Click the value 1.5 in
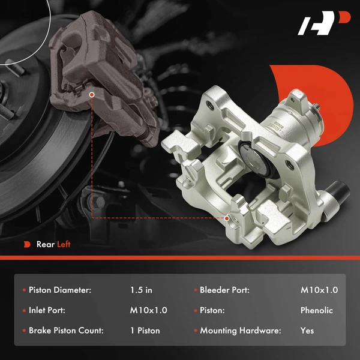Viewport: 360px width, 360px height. [141, 290]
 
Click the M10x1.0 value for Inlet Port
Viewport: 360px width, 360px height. [148, 310]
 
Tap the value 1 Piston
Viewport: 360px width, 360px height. [145, 331]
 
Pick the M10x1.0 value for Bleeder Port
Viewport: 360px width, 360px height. [319, 290]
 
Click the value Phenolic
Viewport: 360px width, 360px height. [317, 310]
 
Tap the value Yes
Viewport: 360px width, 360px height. [307, 331]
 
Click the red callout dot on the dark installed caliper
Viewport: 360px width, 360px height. [91, 94]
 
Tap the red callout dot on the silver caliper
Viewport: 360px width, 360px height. [227, 218]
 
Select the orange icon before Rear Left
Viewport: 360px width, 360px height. [27, 244]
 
